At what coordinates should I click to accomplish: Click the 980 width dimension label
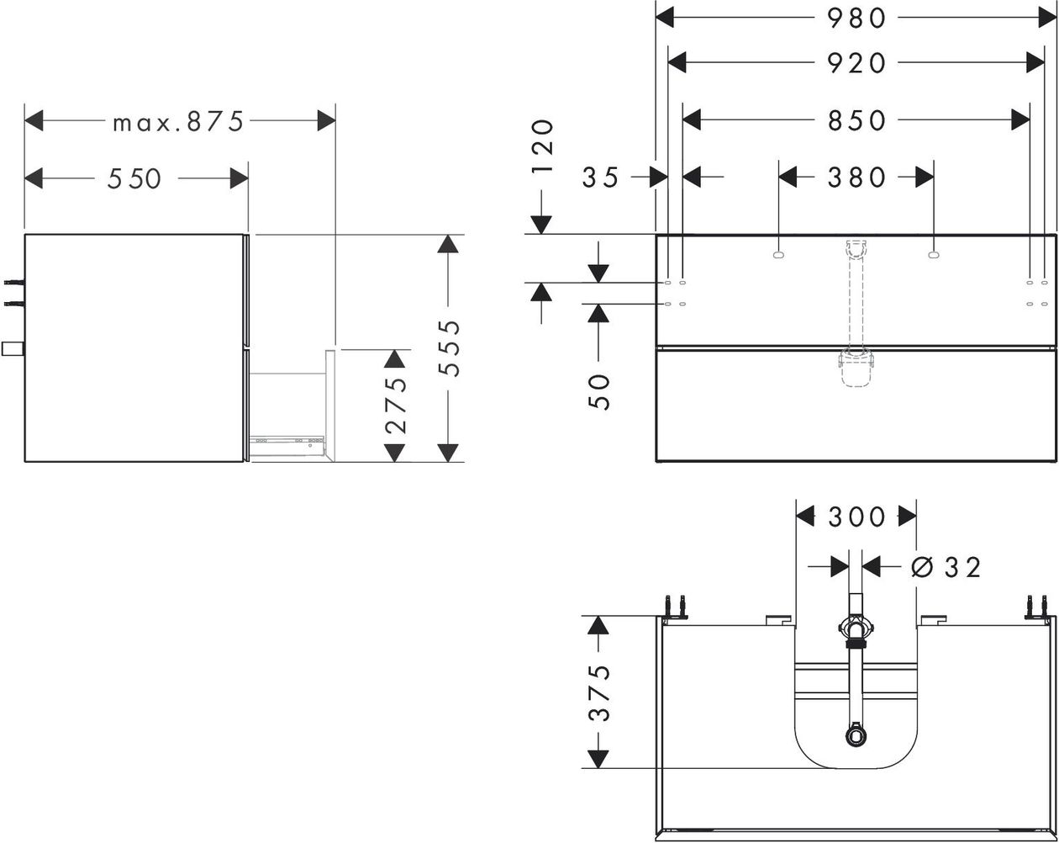(x=856, y=19)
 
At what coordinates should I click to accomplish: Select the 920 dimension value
(x=856, y=64)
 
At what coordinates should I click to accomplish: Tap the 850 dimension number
(x=856, y=120)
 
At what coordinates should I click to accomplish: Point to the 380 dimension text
(x=856, y=178)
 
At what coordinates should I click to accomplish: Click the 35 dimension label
(x=600, y=178)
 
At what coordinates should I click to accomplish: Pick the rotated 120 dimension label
(x=543, y=146)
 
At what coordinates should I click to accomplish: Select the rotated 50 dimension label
(x=599, y=392)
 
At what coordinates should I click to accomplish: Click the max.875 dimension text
(x=178, y=121)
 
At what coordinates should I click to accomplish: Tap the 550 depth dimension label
(x=134, y=178)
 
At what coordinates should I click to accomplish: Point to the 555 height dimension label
(x=450, y=348)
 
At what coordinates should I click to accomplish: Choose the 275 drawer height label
(x=396, y=406)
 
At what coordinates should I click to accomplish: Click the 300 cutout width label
(x=856, y=517)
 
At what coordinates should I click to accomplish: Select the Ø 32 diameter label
(x=946, y=567)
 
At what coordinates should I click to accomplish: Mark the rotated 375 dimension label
(x=599, y=693)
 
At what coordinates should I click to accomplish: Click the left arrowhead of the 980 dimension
(x=665, y=19)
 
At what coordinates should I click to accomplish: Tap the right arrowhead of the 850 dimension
(x=1020, y=120)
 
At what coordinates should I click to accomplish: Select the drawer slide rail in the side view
(x=287, y=438)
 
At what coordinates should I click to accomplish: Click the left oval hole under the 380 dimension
(x=777, y=255)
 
